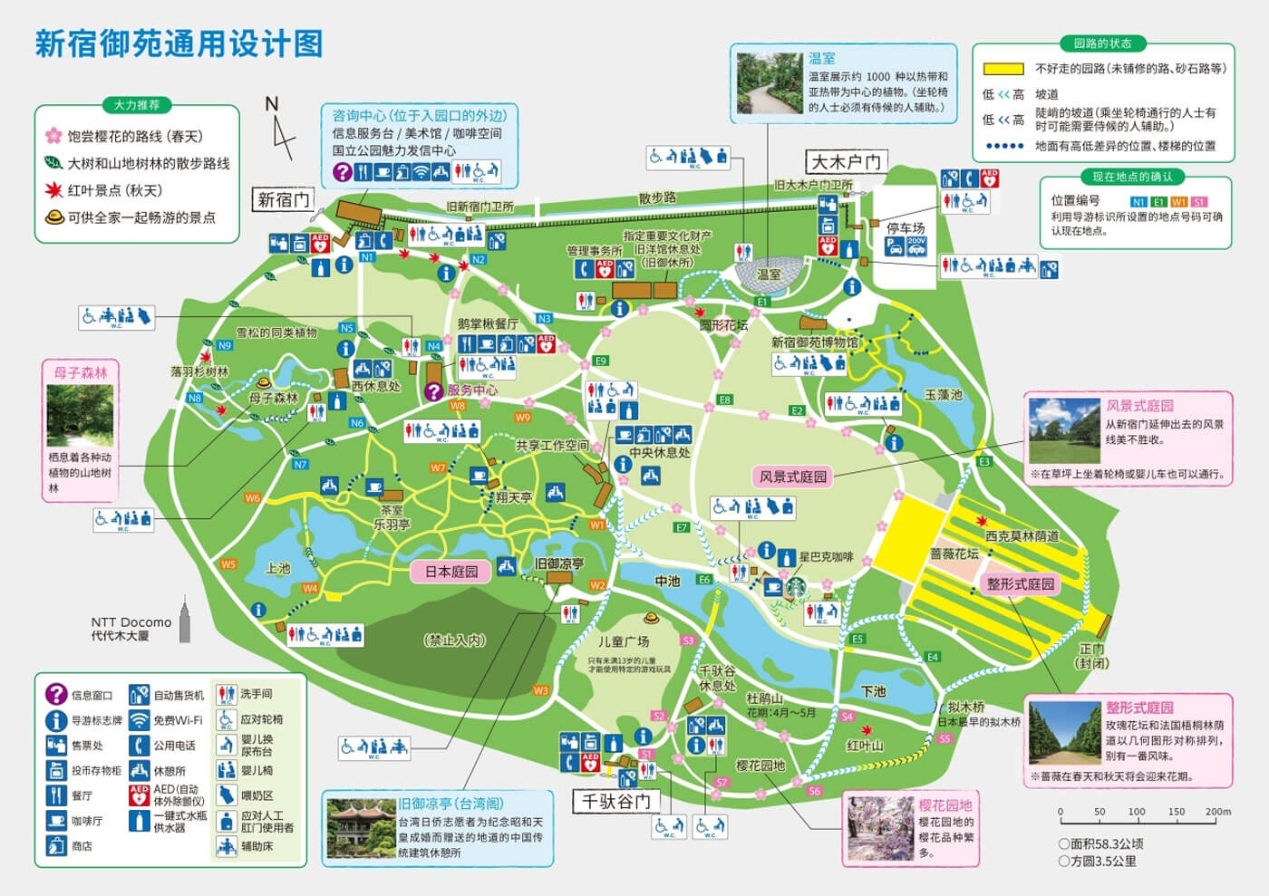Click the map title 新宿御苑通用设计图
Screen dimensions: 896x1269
coord(179,43)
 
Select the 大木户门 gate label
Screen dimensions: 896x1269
coord(846,162)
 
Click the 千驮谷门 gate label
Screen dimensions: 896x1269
coord(616,801)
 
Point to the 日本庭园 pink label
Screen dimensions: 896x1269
coord(451,572)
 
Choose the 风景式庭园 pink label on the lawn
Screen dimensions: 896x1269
coord(793,477)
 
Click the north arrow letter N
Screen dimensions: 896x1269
coord(271,104)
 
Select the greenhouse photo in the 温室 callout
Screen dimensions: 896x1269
coord(770,83)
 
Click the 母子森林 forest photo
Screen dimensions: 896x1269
coord(80,416)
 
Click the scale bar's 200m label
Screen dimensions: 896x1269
coord(1217,812)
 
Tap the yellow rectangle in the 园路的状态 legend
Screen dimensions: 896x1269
coord(1003,69)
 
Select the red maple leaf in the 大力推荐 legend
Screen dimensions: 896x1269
coord(53,190)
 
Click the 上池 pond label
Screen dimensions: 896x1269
coord(277,568)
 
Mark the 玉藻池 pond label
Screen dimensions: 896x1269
coord(943,395)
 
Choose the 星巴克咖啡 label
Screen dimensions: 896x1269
coord(826,557)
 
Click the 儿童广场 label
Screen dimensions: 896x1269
coord(624,641)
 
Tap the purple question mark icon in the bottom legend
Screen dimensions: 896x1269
coord(56,695)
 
